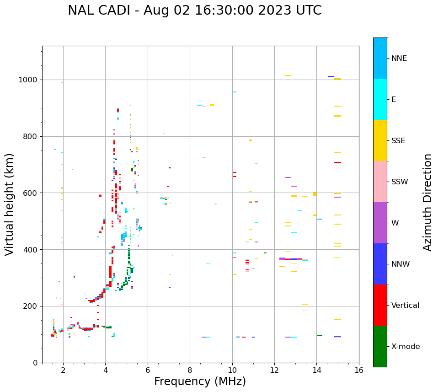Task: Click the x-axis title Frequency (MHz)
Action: pyautogui.click(x=200, y=381)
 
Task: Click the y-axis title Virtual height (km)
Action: pyautogui.click(x=10, y=204)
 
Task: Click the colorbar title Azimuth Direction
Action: pyautogui.click(x=427, y=202)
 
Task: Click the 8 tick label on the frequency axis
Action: pyautogui.click(x=190, y=371)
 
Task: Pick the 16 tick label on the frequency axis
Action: pyautogui.click(x=359, y=371)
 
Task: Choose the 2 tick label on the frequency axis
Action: pyautogui.click(x=63, y=371)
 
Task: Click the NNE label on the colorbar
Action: pyautogui.click(x=399, y=59)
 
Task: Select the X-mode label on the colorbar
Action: pyautogui.click(x=405, y=347)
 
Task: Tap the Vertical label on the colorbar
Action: pyautogui.click(x=405, y=306)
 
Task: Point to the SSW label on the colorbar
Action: pyautogui.click(x=400, y=182)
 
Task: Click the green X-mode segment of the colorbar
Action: pyautogui.click(x=380, y=346)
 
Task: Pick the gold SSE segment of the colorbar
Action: pyautogui.click(x=380, y=140)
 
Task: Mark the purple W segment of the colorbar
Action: pyautogui.click(x=380, y=223)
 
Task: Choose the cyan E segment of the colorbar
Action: pyautogui.click(x=380, y=99)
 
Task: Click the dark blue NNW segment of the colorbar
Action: pyautogui.click(x=380, y=264)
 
